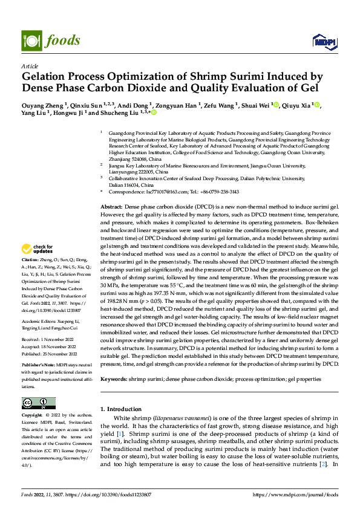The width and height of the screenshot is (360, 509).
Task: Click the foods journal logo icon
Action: [30, 40]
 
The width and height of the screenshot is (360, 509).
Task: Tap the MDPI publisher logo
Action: [324, 41]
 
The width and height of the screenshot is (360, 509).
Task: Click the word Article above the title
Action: [30, 66]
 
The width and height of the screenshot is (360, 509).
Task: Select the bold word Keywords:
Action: [113, 378]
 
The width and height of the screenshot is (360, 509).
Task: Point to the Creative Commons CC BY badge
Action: [38, 403]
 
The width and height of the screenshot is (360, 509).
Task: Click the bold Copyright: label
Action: [33, 415]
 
